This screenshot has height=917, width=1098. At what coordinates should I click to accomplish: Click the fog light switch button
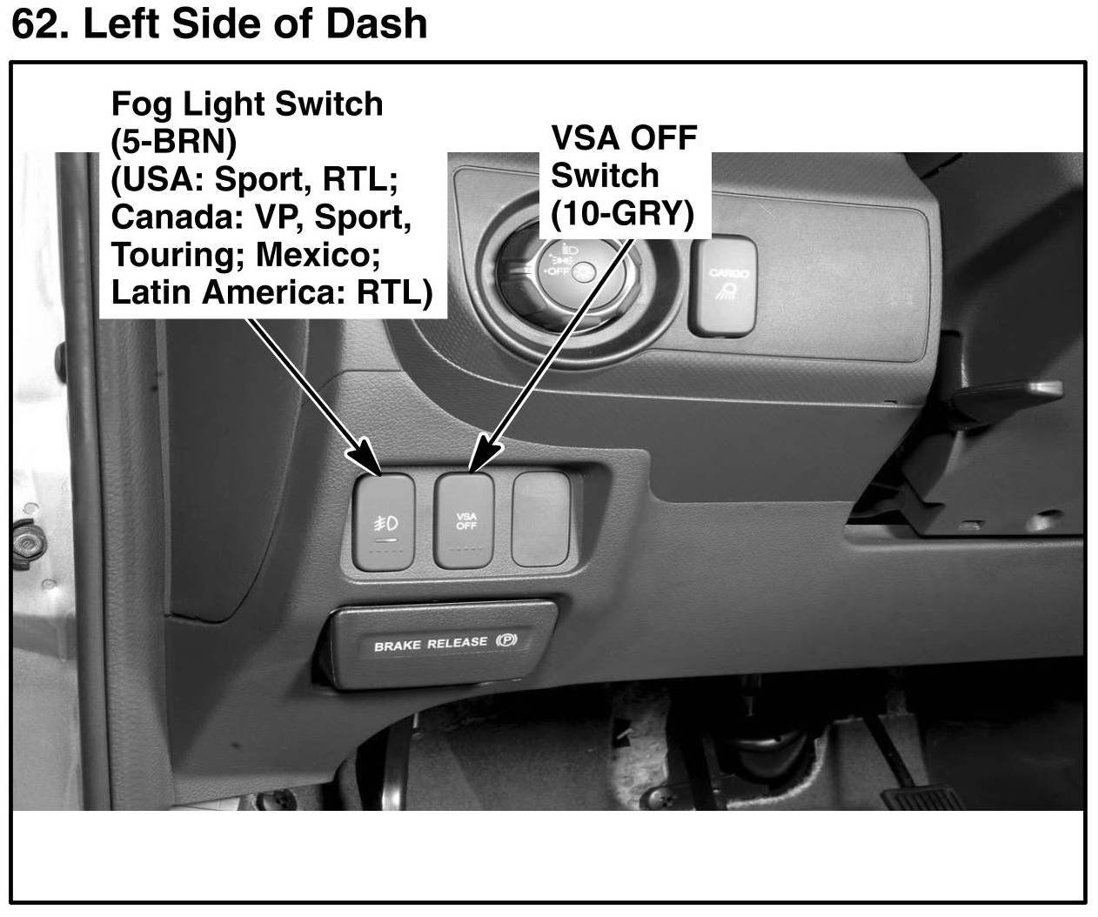(x=384, y=522)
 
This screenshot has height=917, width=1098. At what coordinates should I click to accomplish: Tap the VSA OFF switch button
(x=465, y=521)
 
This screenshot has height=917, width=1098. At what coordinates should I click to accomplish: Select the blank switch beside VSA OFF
(x=540, y=519)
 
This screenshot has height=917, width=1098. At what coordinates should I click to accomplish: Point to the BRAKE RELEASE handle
(x=440, y=645)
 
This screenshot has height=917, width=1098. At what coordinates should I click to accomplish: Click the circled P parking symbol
(x=506, y=641)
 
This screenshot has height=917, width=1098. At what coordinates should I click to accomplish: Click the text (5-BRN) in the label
(x=174, y=141)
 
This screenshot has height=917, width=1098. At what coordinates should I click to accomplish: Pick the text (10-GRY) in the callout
(x=623, y=212)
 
